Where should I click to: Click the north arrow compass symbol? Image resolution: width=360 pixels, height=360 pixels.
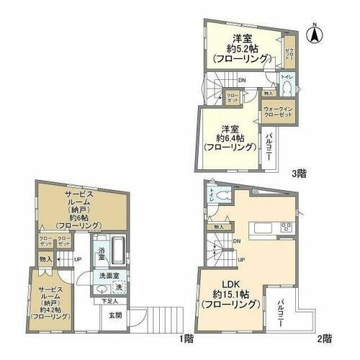point(314,32)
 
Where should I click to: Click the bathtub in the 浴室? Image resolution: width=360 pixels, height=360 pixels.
point(120,254)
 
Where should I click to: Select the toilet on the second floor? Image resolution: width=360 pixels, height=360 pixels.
point(221,195)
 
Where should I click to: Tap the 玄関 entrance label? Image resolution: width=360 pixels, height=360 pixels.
point(115,315)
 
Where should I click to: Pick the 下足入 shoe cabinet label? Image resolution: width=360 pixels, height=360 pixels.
point(109,301)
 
